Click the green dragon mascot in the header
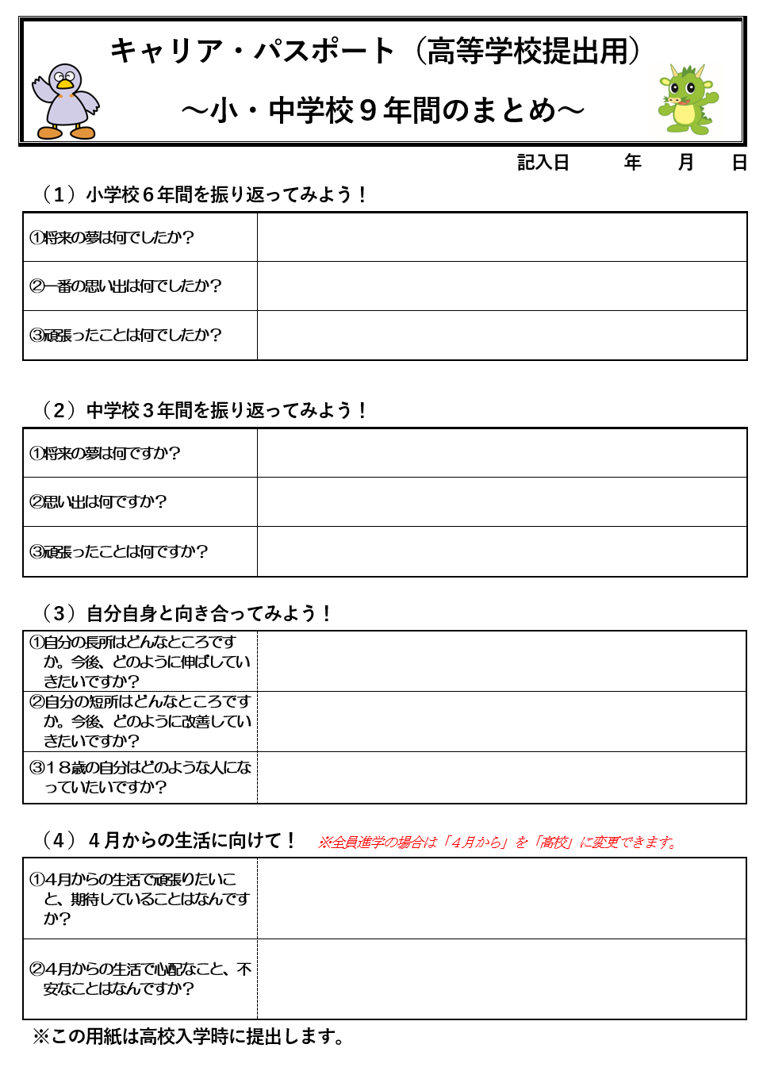pos(687,100)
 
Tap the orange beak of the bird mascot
pos(65,83)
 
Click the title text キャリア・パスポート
pos(252,51)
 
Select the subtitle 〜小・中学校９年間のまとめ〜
pos(382,110)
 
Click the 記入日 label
pos(543,163)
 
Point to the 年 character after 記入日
pos(632,163)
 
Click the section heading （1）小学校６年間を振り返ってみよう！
pos(205,194)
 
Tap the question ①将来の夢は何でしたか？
pos(112,237)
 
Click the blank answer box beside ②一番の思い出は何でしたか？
pos(501,286)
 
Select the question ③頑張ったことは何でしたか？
pos(125,335)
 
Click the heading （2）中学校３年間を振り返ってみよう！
pos(205,410)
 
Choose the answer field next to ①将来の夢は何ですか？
pos(501,453)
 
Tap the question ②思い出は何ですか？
pos(98,501)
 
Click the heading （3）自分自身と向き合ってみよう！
pos(187,613)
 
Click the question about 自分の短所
pos(140,721)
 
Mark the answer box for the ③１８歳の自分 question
pos(501,777)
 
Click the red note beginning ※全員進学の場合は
pos(498,843)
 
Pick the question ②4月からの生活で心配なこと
pos(140,978)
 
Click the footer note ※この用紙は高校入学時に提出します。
pos(189,1037)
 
